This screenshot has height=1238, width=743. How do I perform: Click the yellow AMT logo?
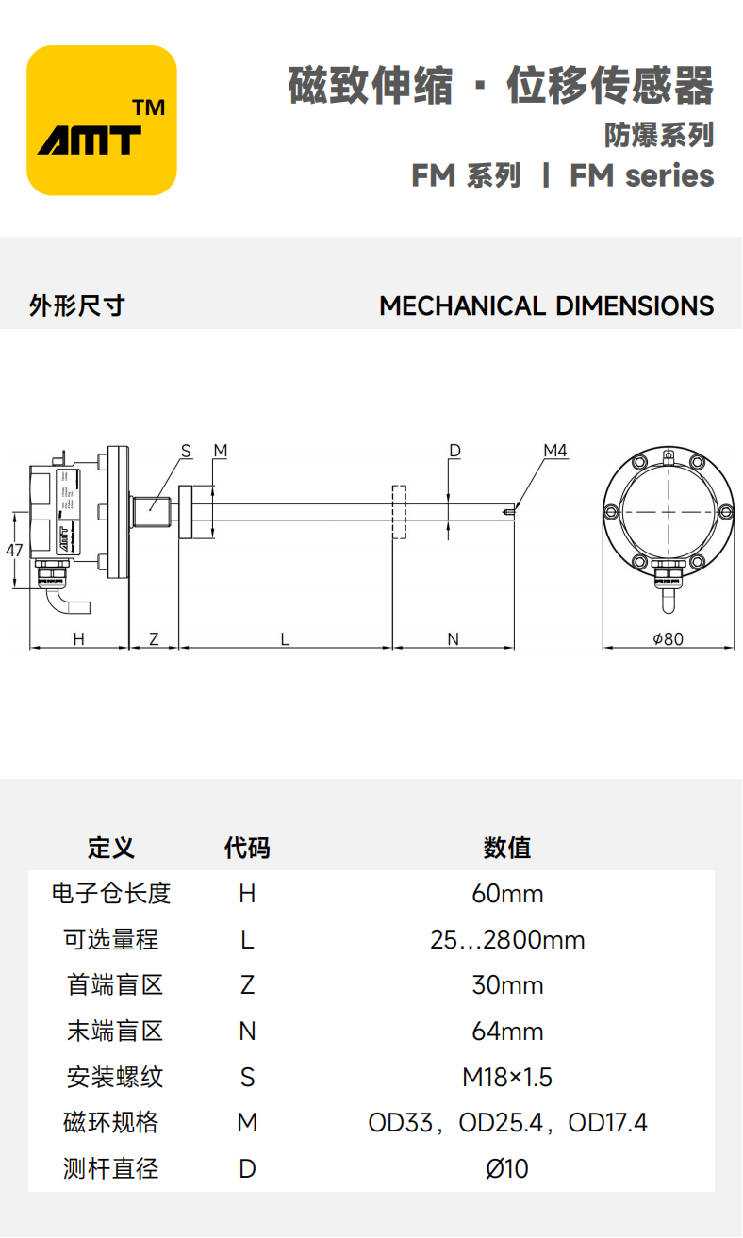coord(102,121)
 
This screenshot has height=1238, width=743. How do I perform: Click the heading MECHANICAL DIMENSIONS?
coord(546,306)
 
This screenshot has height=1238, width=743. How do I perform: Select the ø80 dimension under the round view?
coord(668,639)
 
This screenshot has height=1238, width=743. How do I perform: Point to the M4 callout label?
coord(555,452)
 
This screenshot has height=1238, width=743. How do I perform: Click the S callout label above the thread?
coord(186,452)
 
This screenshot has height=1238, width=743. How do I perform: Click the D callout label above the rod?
coord(454,452)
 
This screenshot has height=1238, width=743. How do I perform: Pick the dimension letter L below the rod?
coord(285,639)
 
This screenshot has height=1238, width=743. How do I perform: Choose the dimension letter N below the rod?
coord(453,639)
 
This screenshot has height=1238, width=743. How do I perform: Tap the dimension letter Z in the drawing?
coord(154,639)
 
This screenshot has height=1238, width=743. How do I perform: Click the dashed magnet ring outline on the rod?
coord(399,512)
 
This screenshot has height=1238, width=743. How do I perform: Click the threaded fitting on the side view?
coord(151,512)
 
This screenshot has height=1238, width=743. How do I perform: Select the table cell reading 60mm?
coord(507,894)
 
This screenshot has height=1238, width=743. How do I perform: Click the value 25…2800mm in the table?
coord(507,940)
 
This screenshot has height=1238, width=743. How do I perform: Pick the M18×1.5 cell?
coord(507,1077)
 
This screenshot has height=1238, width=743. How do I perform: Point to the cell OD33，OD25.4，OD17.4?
coord(507,1123)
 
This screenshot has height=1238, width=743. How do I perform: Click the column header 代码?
coord(247,848)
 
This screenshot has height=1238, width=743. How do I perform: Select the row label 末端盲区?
coord(115,1032)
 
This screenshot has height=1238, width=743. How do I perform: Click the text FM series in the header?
coord(641,176)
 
